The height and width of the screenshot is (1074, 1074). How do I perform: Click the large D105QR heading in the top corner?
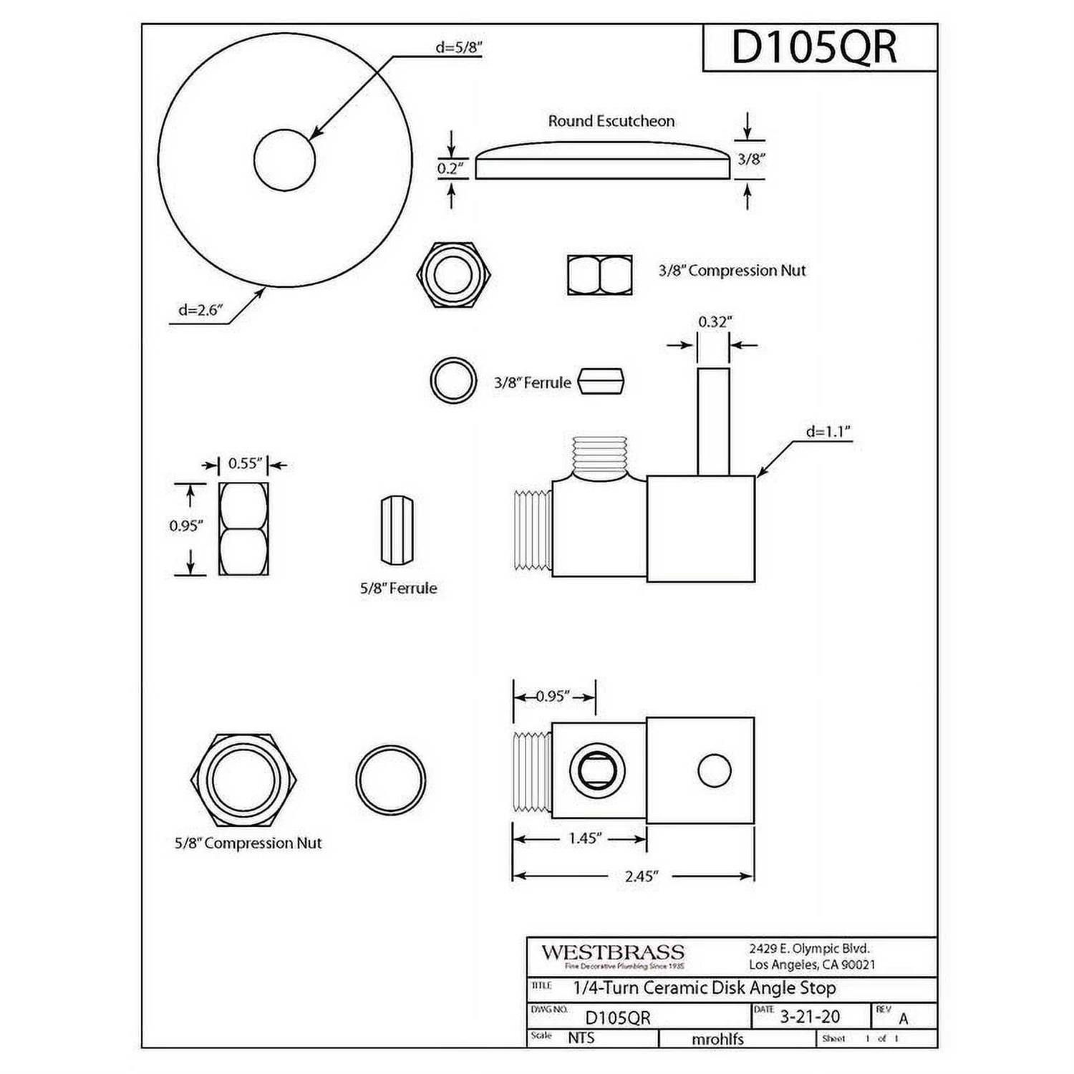(813, 47)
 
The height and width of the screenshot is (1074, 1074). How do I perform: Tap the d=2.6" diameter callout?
(201, 310)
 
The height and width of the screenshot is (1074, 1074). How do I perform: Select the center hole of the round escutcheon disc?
(284, 160)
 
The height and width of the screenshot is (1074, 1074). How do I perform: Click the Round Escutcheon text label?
(611, 121)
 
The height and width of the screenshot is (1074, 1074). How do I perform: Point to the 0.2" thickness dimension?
(451, 169)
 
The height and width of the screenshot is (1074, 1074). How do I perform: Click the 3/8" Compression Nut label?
(732, 271)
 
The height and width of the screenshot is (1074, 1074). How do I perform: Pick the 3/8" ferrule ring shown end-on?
(453, 381)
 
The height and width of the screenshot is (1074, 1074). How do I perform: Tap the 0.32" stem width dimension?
(713, 322)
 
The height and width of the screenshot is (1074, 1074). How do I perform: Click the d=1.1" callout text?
(828, 431)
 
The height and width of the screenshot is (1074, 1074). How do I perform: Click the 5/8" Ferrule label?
(398, 588)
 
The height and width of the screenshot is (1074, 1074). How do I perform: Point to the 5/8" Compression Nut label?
(248, 843)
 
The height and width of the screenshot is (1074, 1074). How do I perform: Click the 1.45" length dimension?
(584, 838)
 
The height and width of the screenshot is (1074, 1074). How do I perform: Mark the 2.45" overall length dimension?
(640, 876)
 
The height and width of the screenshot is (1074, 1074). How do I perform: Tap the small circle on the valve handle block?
(714, 771)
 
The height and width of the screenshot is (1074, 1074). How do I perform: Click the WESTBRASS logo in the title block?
(612, 953)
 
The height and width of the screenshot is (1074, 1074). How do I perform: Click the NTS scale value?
(581, 1037)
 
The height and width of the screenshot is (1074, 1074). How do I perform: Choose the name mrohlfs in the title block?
(717, 1039)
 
